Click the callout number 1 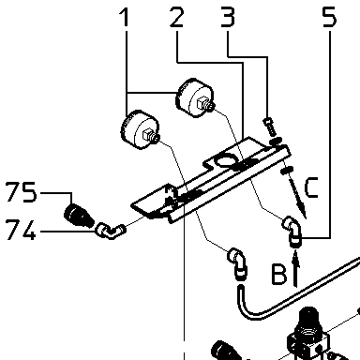coord(125,17)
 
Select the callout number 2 coord(177,17)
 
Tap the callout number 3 coord(228,17)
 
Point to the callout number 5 coord(329,17)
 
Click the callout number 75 coord(21,192)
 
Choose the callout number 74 coord(21,230)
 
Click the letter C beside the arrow coord(311,187)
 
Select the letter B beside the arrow coord(279,275)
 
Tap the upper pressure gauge coord(195,97)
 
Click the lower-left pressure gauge coord(140,129)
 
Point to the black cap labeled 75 coord(79,215)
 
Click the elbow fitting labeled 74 coord(110,231)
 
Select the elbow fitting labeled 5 coord(292,231)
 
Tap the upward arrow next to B coord(295,269)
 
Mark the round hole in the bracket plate coord(226,160)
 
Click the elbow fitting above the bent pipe coord(237,262)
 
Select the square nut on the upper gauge coord(201,102)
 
